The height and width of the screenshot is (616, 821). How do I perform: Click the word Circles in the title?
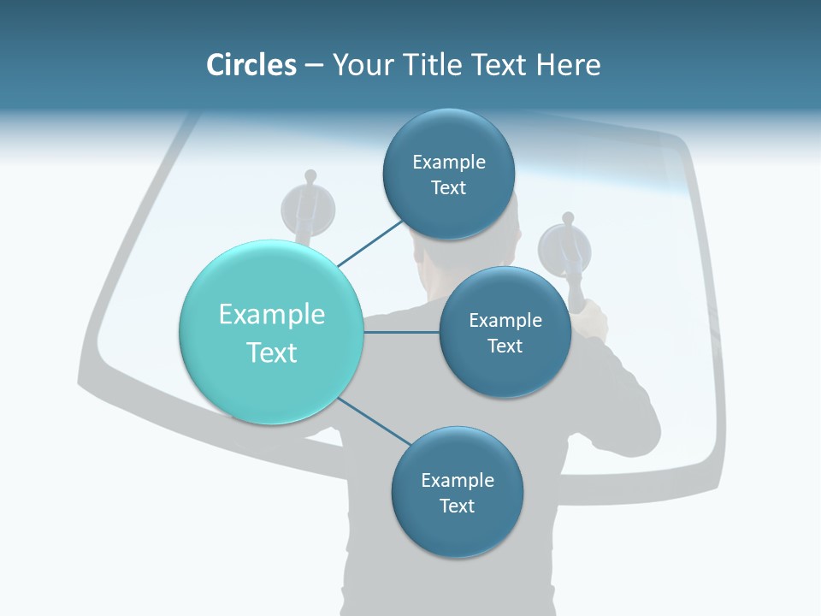(251, 65)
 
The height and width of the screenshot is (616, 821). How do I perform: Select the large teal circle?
(272, 332)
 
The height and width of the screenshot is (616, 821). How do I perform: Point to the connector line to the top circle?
(369, 243)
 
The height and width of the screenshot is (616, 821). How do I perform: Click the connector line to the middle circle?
(401, 332)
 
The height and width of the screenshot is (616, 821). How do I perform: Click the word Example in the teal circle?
(272, 314)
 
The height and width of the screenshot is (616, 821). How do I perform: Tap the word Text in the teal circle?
(272, 352)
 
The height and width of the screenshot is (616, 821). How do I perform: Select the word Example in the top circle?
(449, 162)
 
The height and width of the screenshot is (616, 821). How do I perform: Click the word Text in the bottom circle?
(457, 506)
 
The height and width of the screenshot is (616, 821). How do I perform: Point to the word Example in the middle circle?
(505, 320)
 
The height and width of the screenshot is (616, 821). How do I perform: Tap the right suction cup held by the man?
(564, 248)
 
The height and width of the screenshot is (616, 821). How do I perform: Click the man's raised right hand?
(590, 321)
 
